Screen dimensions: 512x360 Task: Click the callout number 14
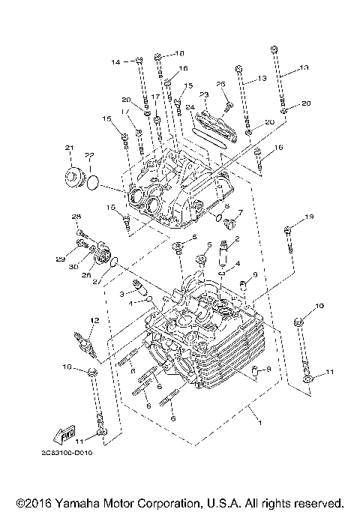pyautogui.click(x=116, y=61)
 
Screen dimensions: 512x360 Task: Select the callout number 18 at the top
pyautogui.click(x=178, y=54)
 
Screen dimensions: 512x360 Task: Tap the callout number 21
pyautogui.click(x=69, y=147)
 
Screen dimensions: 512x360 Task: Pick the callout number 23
pyautogui.click(x=203, y=94)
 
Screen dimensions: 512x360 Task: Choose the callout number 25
pyautogui.click(x=221, y=83)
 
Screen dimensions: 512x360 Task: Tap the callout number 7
pyautogui.click(x=241, y=212)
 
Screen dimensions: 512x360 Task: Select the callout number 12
pyautogui.click(x=94, y=321)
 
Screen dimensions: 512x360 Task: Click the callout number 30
pyautogui.click(x=74, y=266)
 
